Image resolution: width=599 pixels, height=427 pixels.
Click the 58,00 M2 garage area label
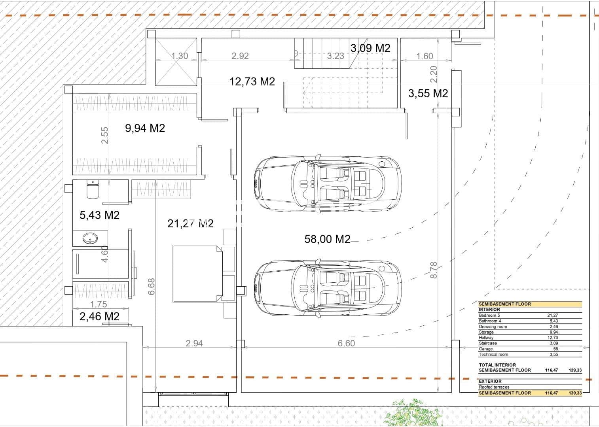(327, 239)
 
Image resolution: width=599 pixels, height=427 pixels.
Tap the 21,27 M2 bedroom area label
(190, 224)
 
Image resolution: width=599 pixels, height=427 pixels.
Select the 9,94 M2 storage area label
(145, 128)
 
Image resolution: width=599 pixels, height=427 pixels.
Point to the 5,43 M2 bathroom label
(99, 215)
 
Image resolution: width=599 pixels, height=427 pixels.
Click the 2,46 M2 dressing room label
(99, 316)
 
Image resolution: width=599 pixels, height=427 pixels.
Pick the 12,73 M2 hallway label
(252, 82)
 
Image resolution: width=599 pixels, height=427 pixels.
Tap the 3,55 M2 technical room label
(428, 94)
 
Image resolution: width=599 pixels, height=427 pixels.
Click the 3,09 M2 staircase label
(370, 48)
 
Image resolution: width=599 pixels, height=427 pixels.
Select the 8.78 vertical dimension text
(434, 270)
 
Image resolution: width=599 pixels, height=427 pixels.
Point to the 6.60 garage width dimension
(346, 343)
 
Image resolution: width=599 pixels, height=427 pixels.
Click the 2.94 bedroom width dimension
(194, 343)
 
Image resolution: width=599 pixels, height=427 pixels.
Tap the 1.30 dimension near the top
(179, 56)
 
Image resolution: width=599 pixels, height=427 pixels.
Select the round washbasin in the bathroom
(90, 238)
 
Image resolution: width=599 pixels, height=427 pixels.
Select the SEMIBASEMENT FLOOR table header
(505, 304)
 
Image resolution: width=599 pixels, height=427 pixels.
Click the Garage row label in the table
(486, 349)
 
